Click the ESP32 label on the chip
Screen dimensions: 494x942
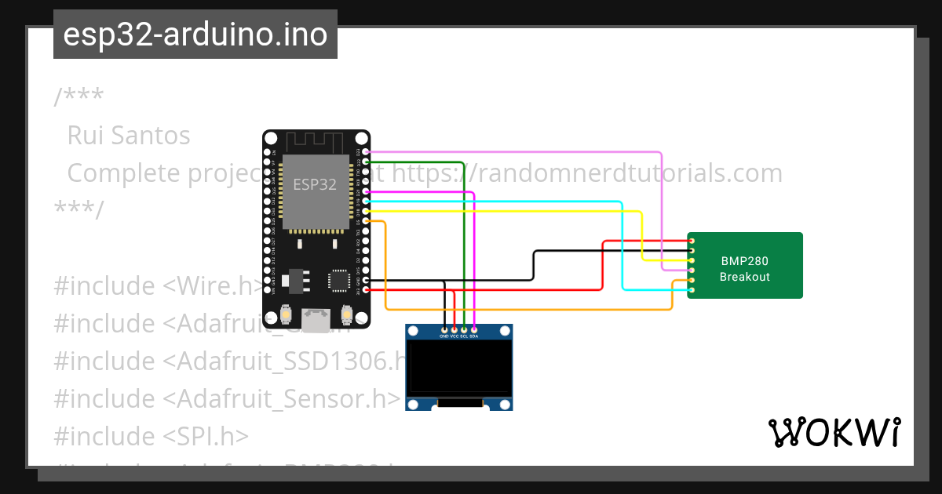coord(315,185)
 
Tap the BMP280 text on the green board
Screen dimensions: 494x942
coord(744,261)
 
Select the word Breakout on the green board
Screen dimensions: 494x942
coord(744,277)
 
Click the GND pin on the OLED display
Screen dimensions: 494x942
coord(445,329)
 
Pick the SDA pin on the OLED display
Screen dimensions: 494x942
coord(474,329)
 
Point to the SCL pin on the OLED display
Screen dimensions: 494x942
coord(465,329)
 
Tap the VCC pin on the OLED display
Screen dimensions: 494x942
coord(455,329)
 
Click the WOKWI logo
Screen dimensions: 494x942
coord(834,433)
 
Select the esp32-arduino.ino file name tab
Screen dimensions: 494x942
coord(195,35)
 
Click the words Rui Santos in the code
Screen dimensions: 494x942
coord(129,136)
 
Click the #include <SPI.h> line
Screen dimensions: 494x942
coord(151,436)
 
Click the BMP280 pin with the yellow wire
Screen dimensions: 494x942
coord(692,260)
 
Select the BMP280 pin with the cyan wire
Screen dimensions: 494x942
coord(692,290)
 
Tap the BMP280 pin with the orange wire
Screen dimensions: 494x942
coord(692,280)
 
